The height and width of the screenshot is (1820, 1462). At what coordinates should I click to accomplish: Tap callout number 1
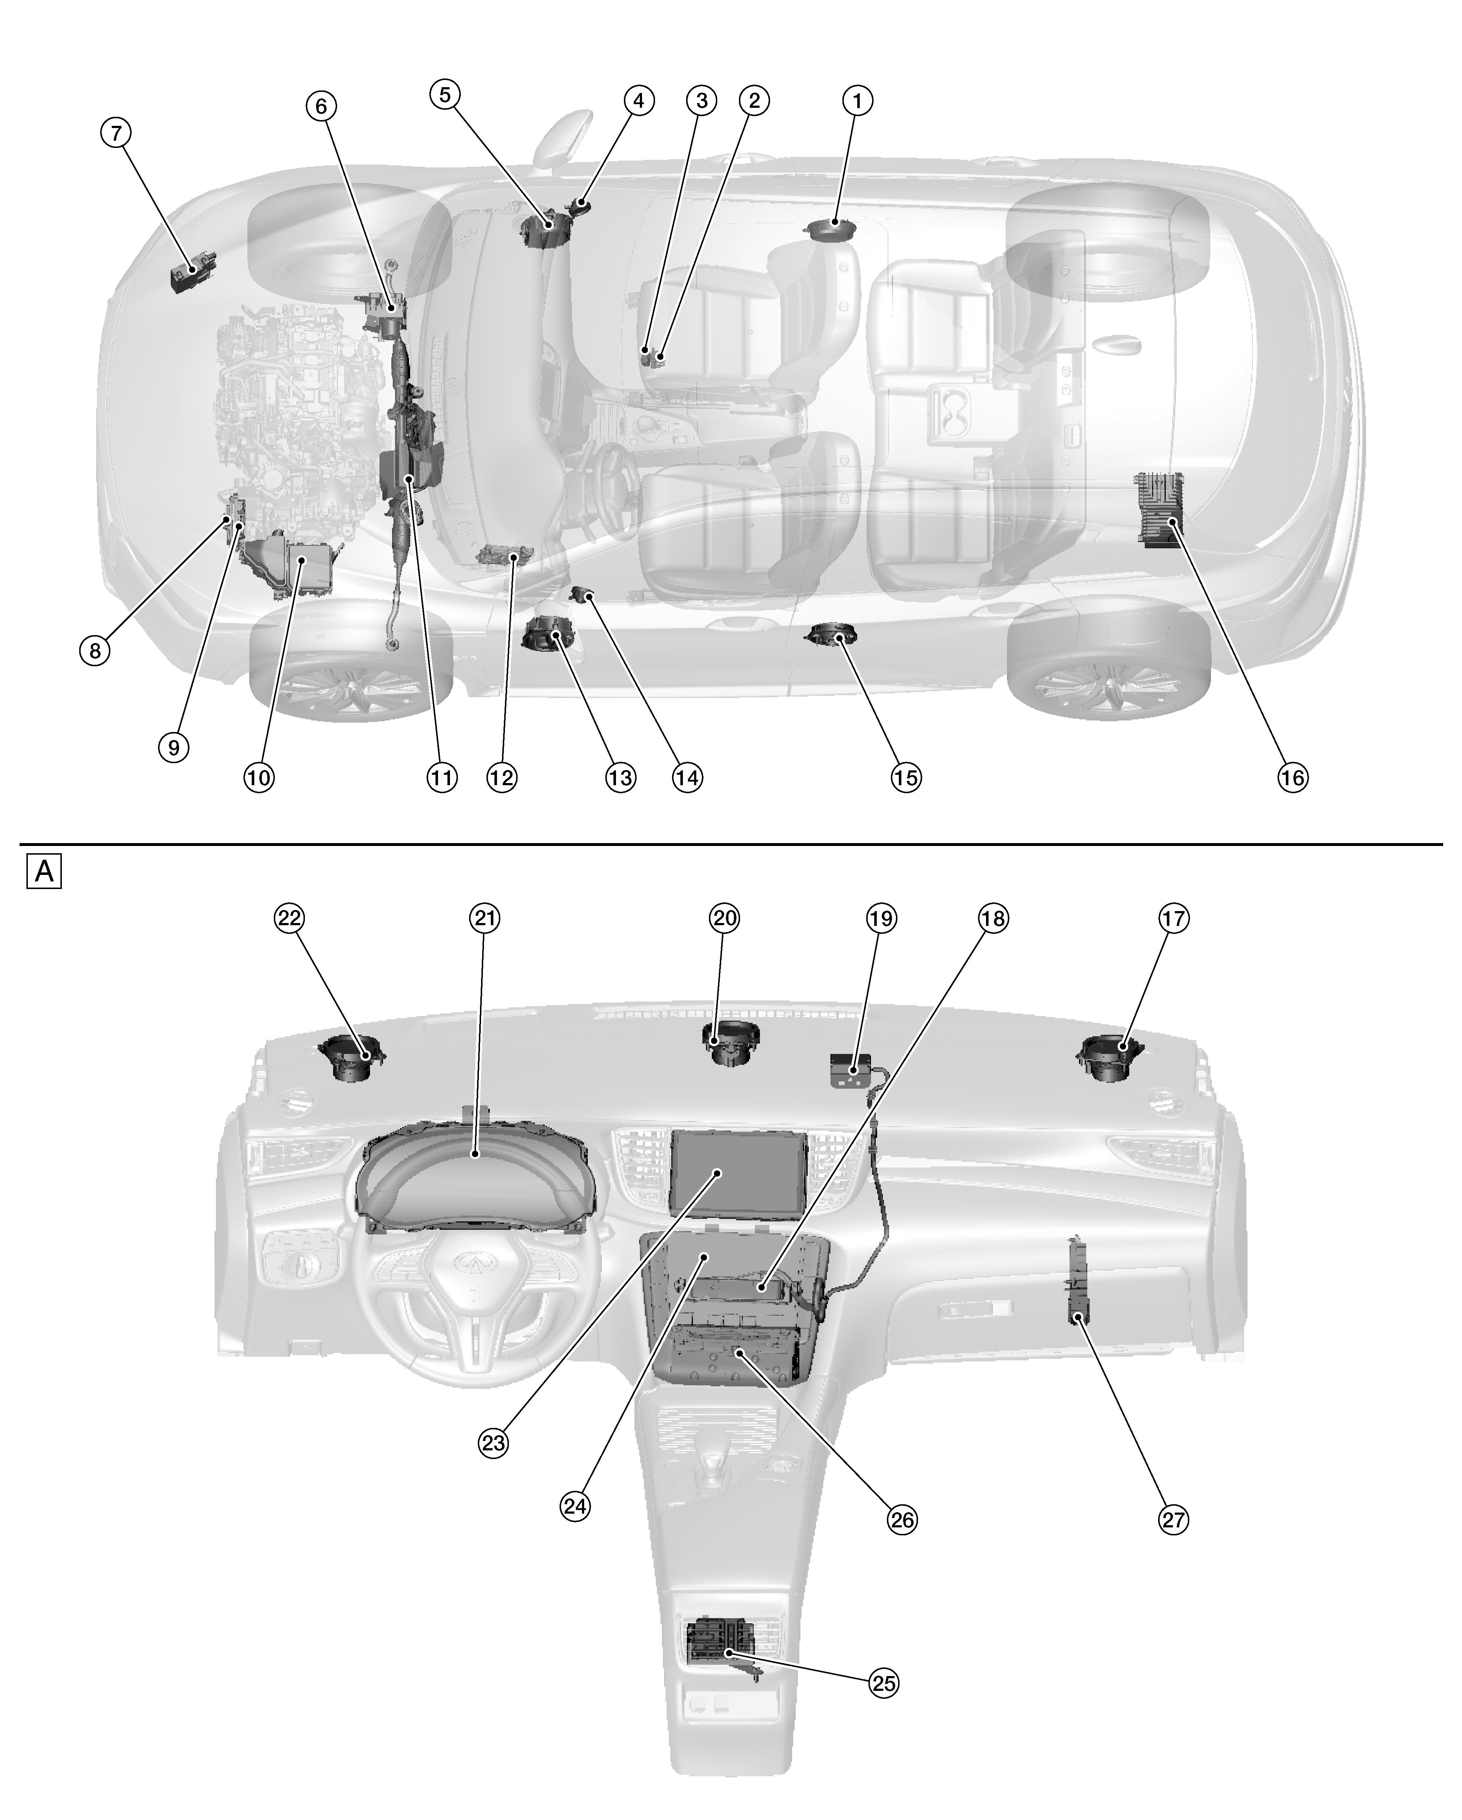(858, 101)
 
